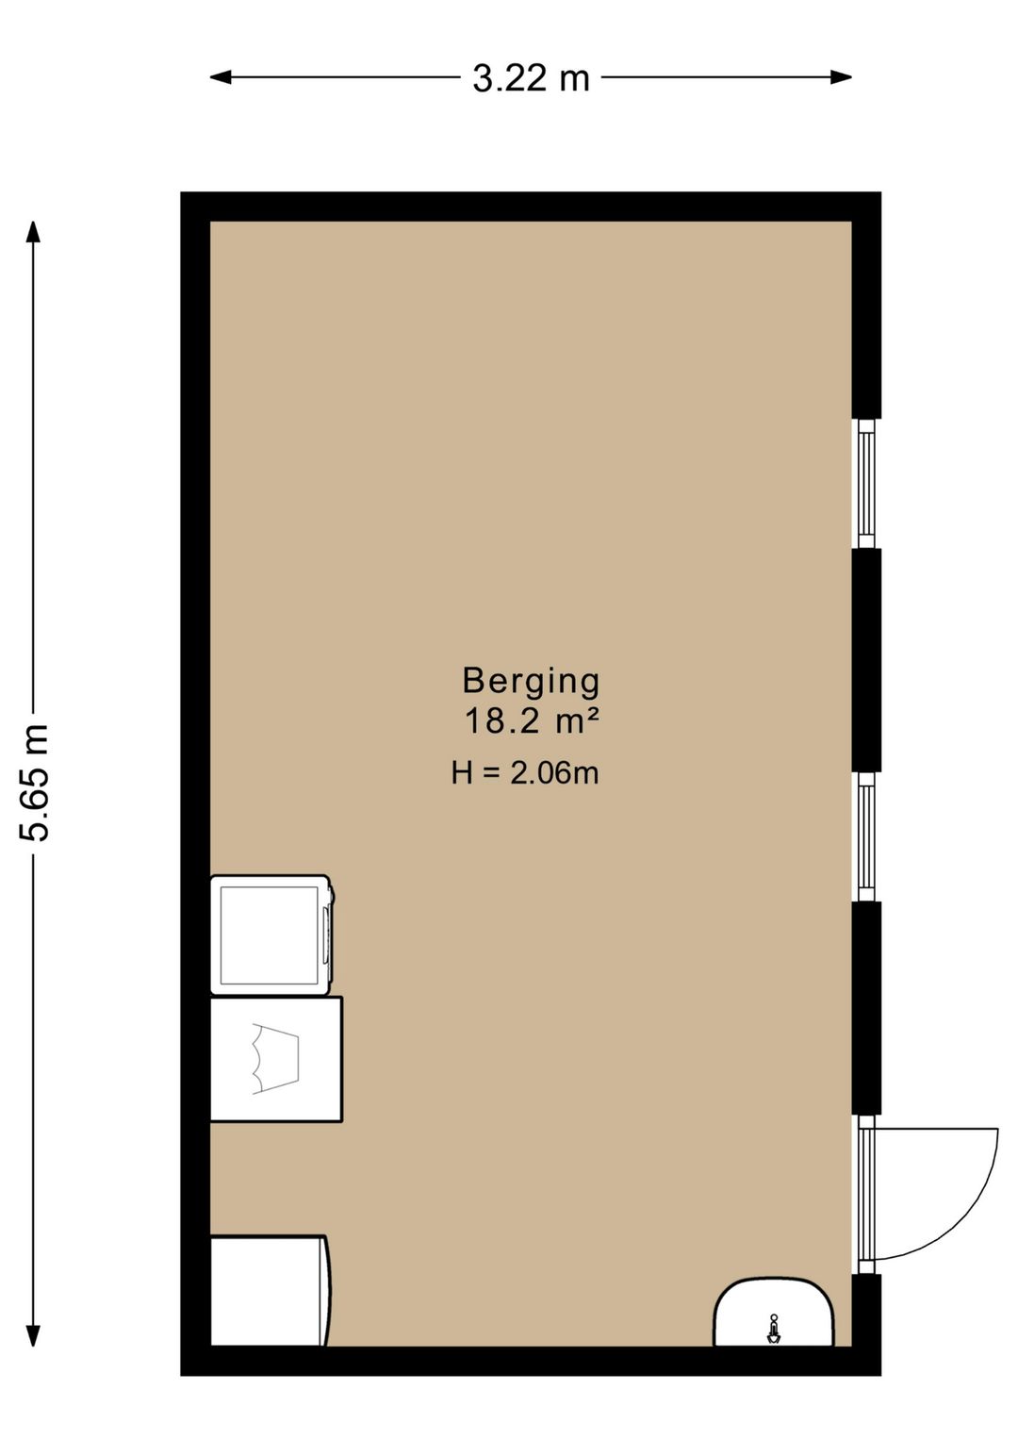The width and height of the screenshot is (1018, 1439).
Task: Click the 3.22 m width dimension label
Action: [531, 78]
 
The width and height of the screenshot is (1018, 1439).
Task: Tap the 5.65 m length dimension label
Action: [35, 782]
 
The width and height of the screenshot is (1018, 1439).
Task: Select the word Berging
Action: [531, 680]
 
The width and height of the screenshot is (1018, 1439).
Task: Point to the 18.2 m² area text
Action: [532, 721]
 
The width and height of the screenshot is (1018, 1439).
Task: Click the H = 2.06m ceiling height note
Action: [525, 773]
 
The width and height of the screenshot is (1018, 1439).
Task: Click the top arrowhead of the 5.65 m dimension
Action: [33, 232]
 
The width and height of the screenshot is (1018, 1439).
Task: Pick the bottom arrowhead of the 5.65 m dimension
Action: [33, 1335]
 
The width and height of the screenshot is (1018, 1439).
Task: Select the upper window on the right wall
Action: [865, 483]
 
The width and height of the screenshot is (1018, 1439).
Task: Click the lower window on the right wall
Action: [865, 836]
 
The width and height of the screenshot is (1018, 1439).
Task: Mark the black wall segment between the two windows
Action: [866, 660]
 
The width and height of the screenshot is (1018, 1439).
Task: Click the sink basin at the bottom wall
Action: [774, 1313]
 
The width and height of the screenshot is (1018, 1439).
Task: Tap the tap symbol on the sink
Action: [774, 1331]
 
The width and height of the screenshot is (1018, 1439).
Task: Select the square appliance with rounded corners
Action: [269, 935]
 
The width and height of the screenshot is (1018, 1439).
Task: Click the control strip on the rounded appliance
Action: [327, 935]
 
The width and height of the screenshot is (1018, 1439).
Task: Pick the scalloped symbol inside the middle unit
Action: [274, 1059]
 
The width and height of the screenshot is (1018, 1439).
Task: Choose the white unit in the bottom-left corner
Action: [267, 1291]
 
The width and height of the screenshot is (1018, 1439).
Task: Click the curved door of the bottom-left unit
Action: [326, 1291]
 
